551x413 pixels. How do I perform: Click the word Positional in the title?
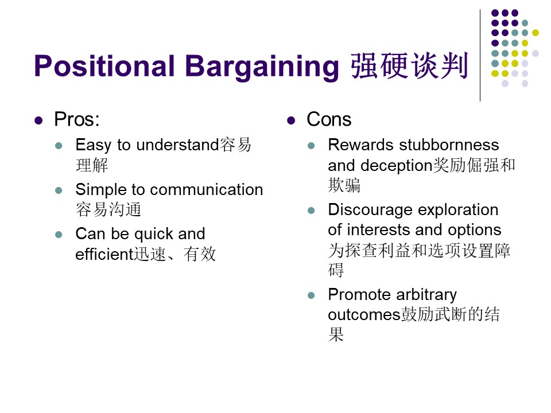104,66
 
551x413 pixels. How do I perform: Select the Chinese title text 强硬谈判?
409,65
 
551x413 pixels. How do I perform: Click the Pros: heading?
77,119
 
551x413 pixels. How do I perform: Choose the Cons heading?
329,119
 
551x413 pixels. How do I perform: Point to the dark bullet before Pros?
38,121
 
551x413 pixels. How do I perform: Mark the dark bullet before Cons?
291,121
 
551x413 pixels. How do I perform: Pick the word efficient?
104,254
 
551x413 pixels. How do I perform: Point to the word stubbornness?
449,145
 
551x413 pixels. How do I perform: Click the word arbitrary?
426,295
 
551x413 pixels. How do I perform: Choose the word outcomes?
364,315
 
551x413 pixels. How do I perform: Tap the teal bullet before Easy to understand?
59,146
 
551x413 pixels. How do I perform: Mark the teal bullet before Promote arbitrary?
311,295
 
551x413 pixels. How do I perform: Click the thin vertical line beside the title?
480,56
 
